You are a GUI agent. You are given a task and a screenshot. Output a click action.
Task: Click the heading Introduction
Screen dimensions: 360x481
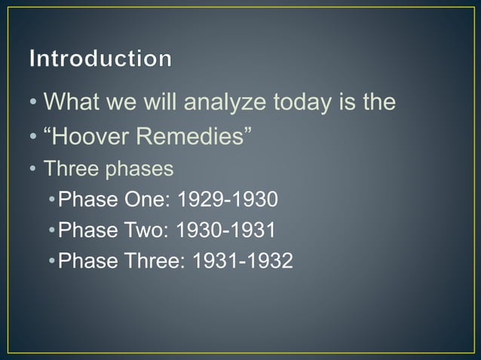100,58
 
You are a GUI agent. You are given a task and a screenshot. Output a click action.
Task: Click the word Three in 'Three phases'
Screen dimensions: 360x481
66,169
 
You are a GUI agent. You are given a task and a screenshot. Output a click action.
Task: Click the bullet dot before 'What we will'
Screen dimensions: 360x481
35,102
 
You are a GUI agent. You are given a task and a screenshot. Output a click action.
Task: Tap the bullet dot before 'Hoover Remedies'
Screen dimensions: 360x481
35,137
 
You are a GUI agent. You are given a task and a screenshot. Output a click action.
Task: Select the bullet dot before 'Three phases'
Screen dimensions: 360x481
35,169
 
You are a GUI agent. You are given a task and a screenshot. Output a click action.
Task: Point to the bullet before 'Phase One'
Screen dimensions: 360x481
51,200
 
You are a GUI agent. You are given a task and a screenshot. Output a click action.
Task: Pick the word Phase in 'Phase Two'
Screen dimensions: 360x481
86,230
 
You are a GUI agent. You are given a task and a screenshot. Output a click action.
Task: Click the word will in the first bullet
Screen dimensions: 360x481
156,101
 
